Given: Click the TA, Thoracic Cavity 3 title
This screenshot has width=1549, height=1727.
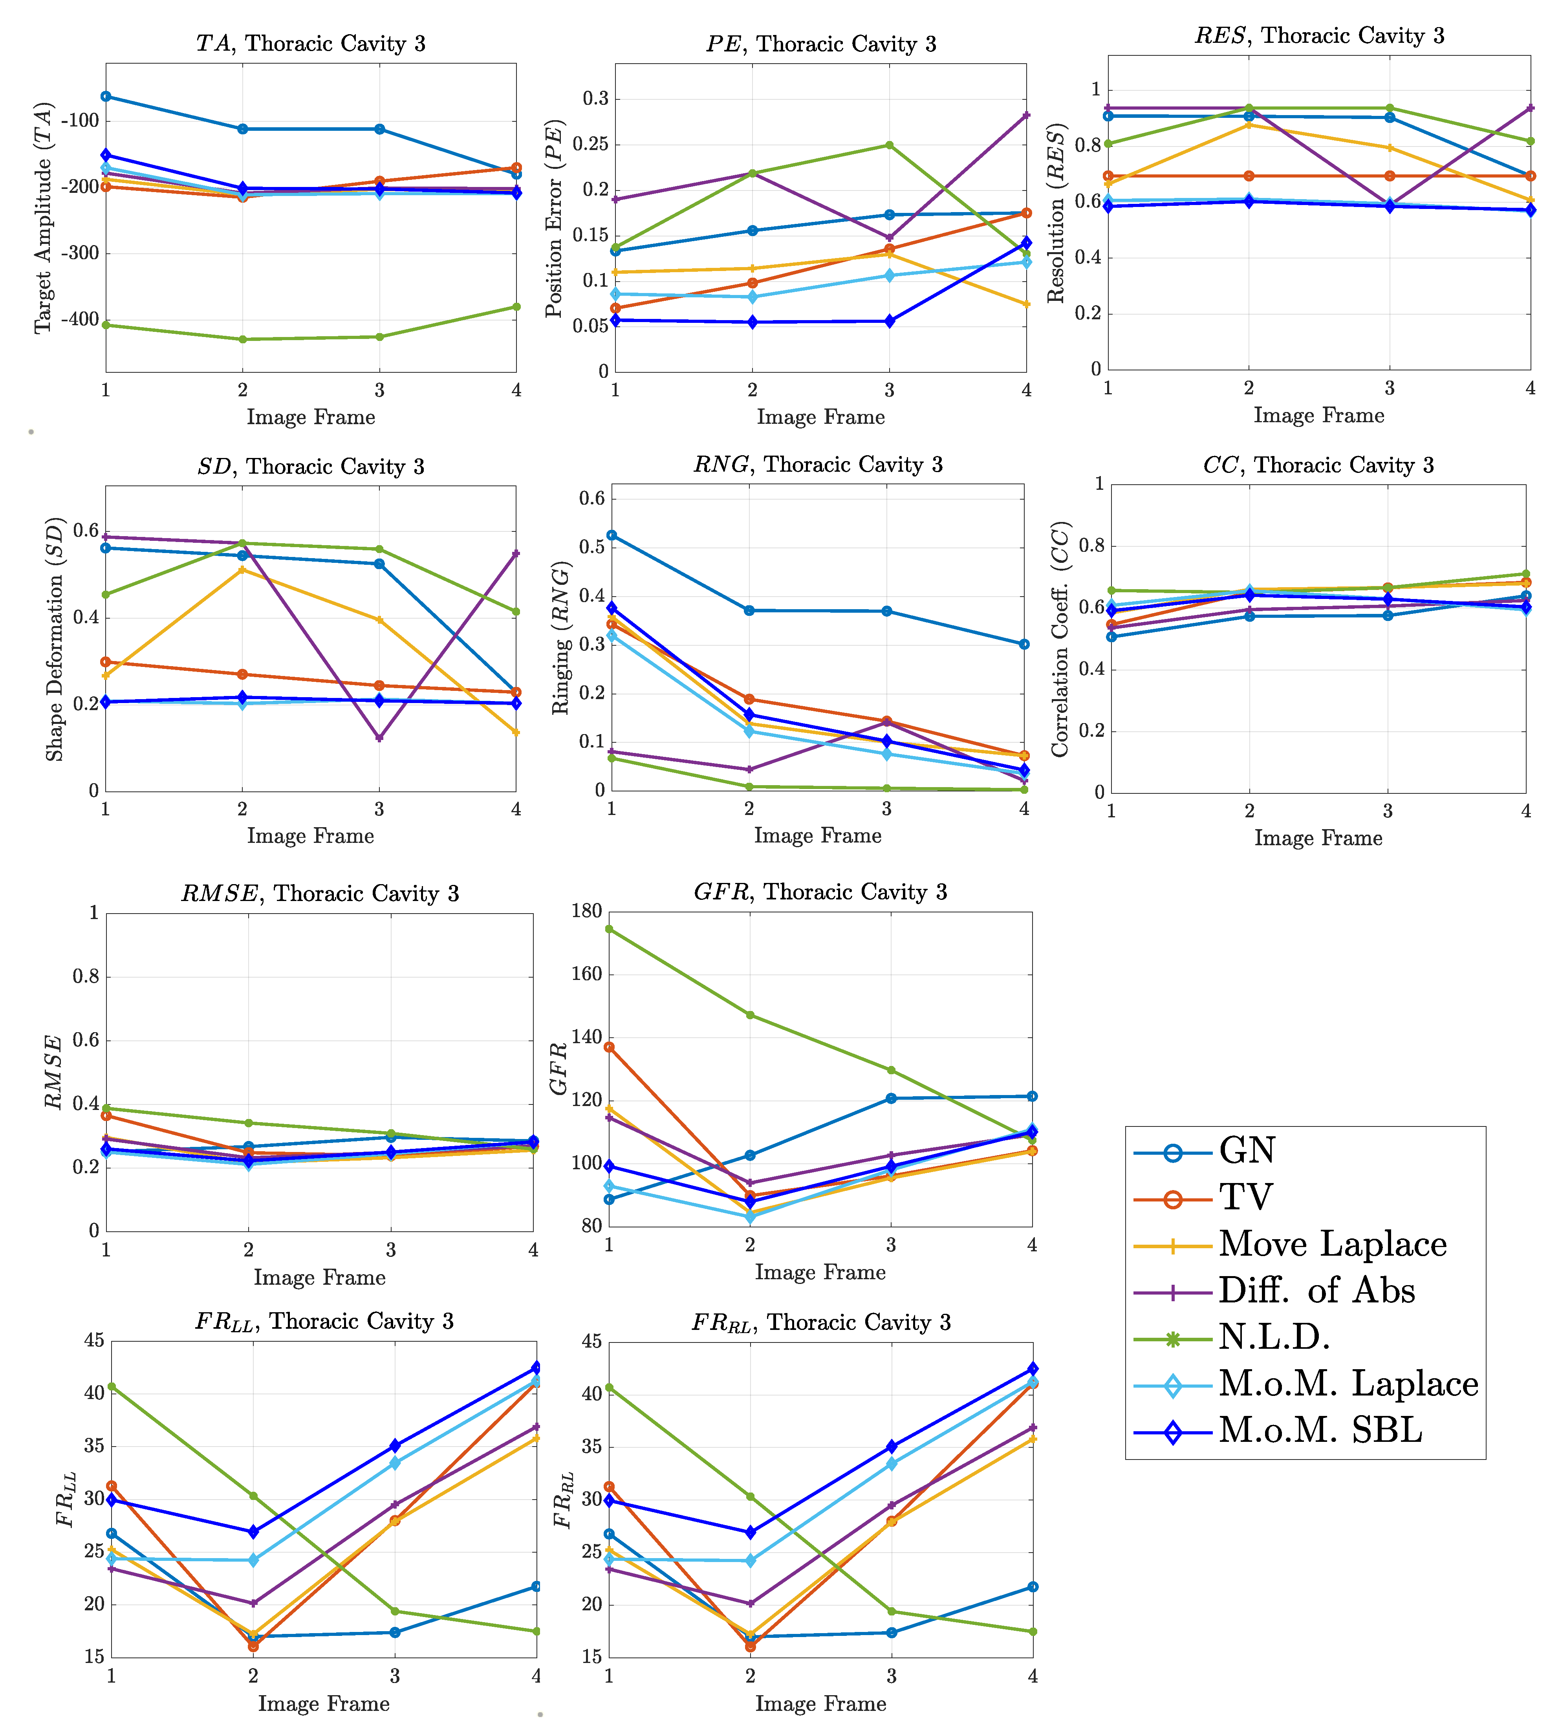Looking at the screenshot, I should (311, 44).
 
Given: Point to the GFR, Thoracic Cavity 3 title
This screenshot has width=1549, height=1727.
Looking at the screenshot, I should (820, 892).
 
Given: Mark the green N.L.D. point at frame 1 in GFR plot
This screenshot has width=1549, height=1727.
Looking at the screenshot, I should (610, 929).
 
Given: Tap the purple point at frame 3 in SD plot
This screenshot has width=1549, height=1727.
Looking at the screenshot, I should (379, 737).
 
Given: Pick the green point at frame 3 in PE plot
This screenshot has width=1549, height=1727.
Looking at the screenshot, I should (890, 145).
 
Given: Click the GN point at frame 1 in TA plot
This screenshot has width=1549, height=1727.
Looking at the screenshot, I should (106, 96).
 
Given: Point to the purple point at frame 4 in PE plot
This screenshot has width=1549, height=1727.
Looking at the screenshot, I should (1026, 115).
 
